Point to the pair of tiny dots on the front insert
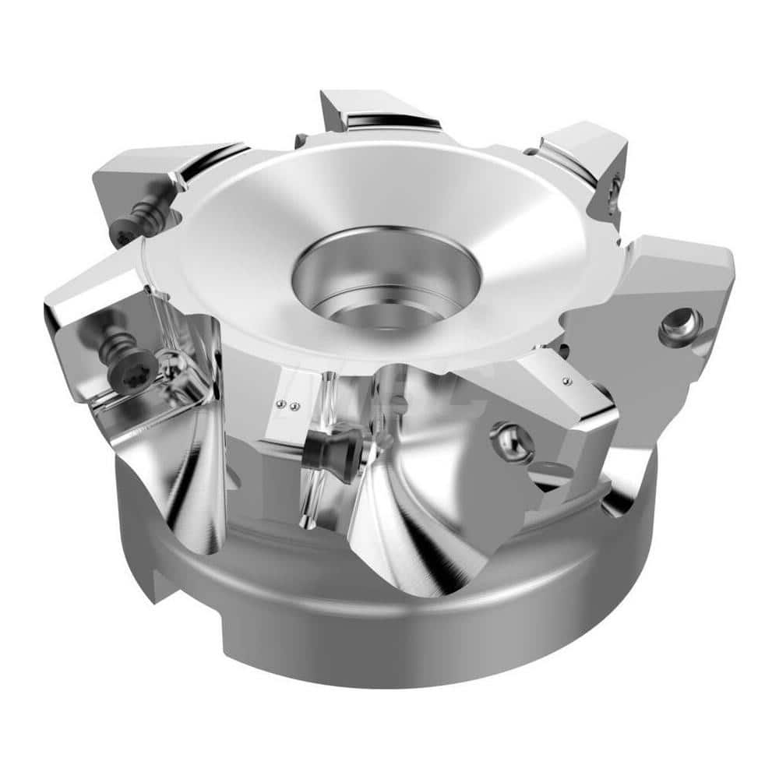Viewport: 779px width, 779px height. click(x=290, y=405)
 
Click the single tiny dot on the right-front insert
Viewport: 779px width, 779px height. click(x=567, y=380)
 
